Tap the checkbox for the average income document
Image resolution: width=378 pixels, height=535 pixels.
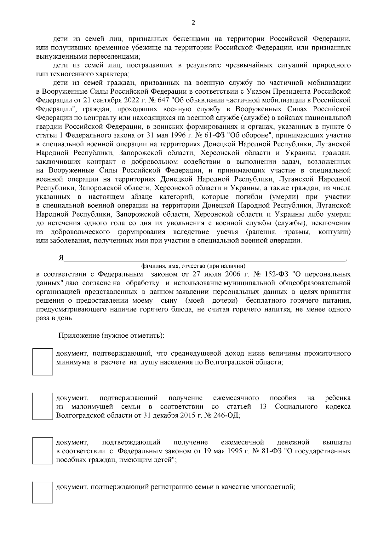(43, 362)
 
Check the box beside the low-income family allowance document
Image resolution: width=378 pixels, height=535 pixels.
(43, 406)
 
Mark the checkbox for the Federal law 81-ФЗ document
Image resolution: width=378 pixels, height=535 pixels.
(43, 451)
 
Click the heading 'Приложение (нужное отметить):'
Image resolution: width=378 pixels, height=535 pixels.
(111, 335)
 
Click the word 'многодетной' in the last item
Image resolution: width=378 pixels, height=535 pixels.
(272, 487)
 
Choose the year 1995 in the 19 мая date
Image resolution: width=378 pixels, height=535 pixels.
(233, 451)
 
